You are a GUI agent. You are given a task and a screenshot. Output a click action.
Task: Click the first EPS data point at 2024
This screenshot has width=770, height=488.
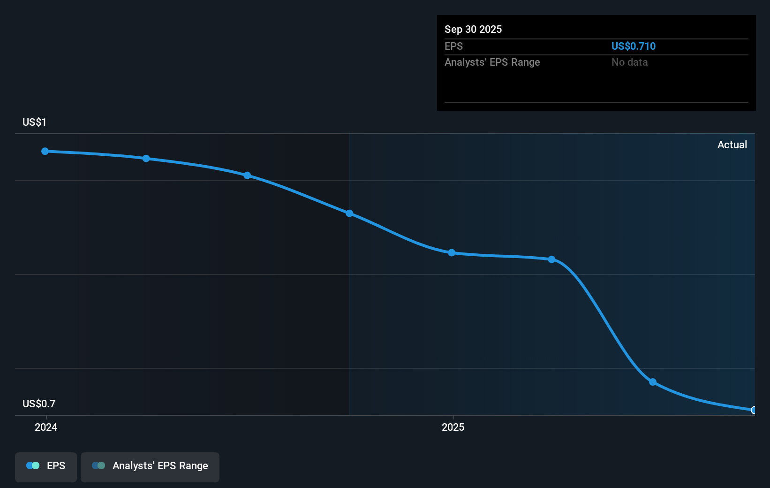[x=45, y=151]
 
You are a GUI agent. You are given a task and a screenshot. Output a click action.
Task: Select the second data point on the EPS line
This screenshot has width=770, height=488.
[x=146, y=159]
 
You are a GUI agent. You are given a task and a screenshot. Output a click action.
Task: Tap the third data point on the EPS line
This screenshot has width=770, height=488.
[x=247, y=175]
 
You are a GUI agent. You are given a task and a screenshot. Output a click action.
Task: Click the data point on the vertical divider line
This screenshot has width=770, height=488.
[x=349, y=213]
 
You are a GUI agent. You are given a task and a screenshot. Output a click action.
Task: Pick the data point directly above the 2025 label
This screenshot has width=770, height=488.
[x=452, y=253]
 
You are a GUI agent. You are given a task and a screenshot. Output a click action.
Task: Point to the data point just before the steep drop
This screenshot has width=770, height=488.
[x=552, y=259]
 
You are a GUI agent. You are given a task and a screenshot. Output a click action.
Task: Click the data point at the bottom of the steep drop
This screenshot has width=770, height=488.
[x=653, y=382]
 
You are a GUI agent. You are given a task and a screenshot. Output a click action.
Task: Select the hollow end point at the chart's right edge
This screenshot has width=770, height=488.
[x=753, y=410]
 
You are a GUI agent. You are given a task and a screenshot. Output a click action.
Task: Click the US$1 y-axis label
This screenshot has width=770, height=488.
[x=34, y=122]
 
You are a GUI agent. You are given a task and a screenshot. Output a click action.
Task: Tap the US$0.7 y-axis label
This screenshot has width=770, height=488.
[x=39, y=404]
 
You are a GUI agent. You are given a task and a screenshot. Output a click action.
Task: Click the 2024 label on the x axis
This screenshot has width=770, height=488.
[x=46, y=427]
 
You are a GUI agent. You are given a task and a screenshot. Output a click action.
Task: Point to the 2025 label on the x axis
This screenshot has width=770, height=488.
[x=453, y=427]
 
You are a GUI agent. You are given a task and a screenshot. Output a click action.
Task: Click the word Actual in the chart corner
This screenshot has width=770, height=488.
[x=732, y=145]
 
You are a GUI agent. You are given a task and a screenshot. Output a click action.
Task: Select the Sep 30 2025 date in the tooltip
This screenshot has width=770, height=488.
[x=473, y=29]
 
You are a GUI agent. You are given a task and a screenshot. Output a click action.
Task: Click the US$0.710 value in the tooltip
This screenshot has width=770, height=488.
[x=634, y=46]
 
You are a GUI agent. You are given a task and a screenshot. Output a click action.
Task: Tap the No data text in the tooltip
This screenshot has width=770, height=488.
[x=629, y=62]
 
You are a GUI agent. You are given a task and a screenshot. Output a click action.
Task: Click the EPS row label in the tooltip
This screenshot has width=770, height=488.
[x=453, y=46]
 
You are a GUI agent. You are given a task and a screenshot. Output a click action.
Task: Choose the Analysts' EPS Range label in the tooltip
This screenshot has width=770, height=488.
[x=492, y=62]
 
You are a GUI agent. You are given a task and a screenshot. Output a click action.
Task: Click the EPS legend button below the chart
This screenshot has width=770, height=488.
[x=45, y=467]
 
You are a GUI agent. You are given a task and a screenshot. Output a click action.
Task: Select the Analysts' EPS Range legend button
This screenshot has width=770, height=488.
[x=150, y=467]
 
